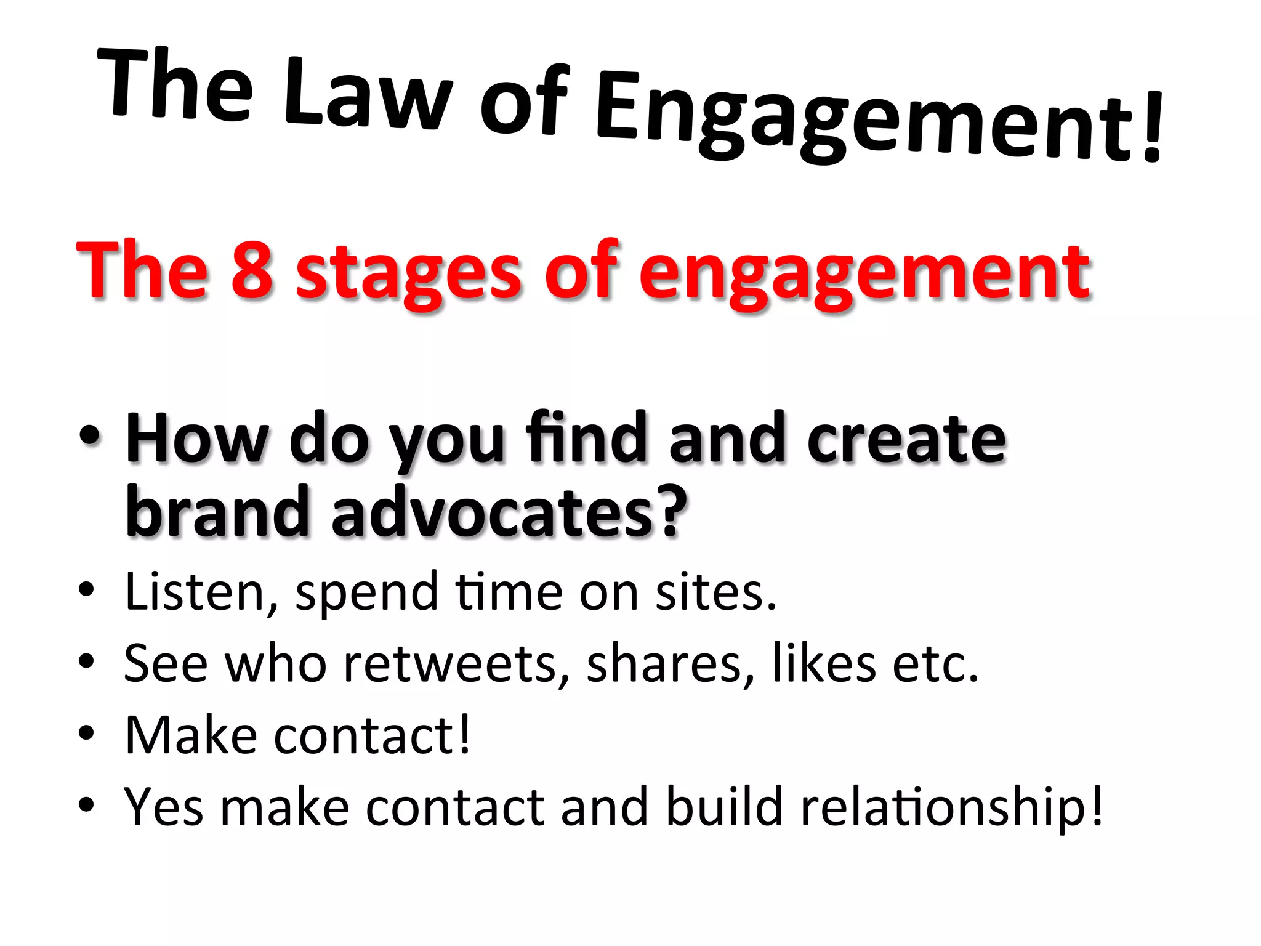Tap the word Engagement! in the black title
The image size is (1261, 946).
coord(877,120)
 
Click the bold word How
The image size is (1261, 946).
coord(196,438)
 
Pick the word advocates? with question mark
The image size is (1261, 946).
coord(509,511)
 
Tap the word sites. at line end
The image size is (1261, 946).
coord(715,592)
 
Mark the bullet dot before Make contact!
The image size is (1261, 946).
coord(86,733)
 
